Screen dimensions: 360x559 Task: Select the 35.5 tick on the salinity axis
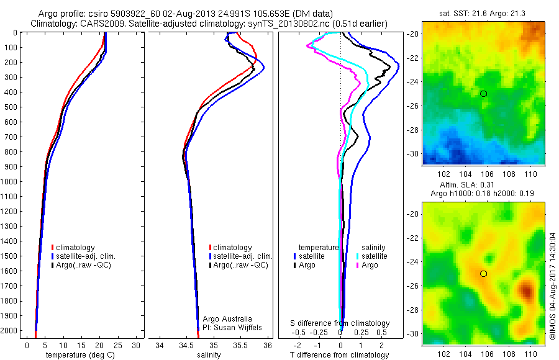pos(240,345)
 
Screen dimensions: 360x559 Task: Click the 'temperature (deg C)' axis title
pos(78,355)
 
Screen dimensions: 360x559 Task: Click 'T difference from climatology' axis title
pos(339,355)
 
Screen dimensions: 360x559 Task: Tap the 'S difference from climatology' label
pos(340,323)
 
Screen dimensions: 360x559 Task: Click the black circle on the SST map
pos(483,94)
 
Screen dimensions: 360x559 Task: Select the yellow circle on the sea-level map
pos(483,274)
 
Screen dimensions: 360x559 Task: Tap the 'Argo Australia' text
pos(227,319)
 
